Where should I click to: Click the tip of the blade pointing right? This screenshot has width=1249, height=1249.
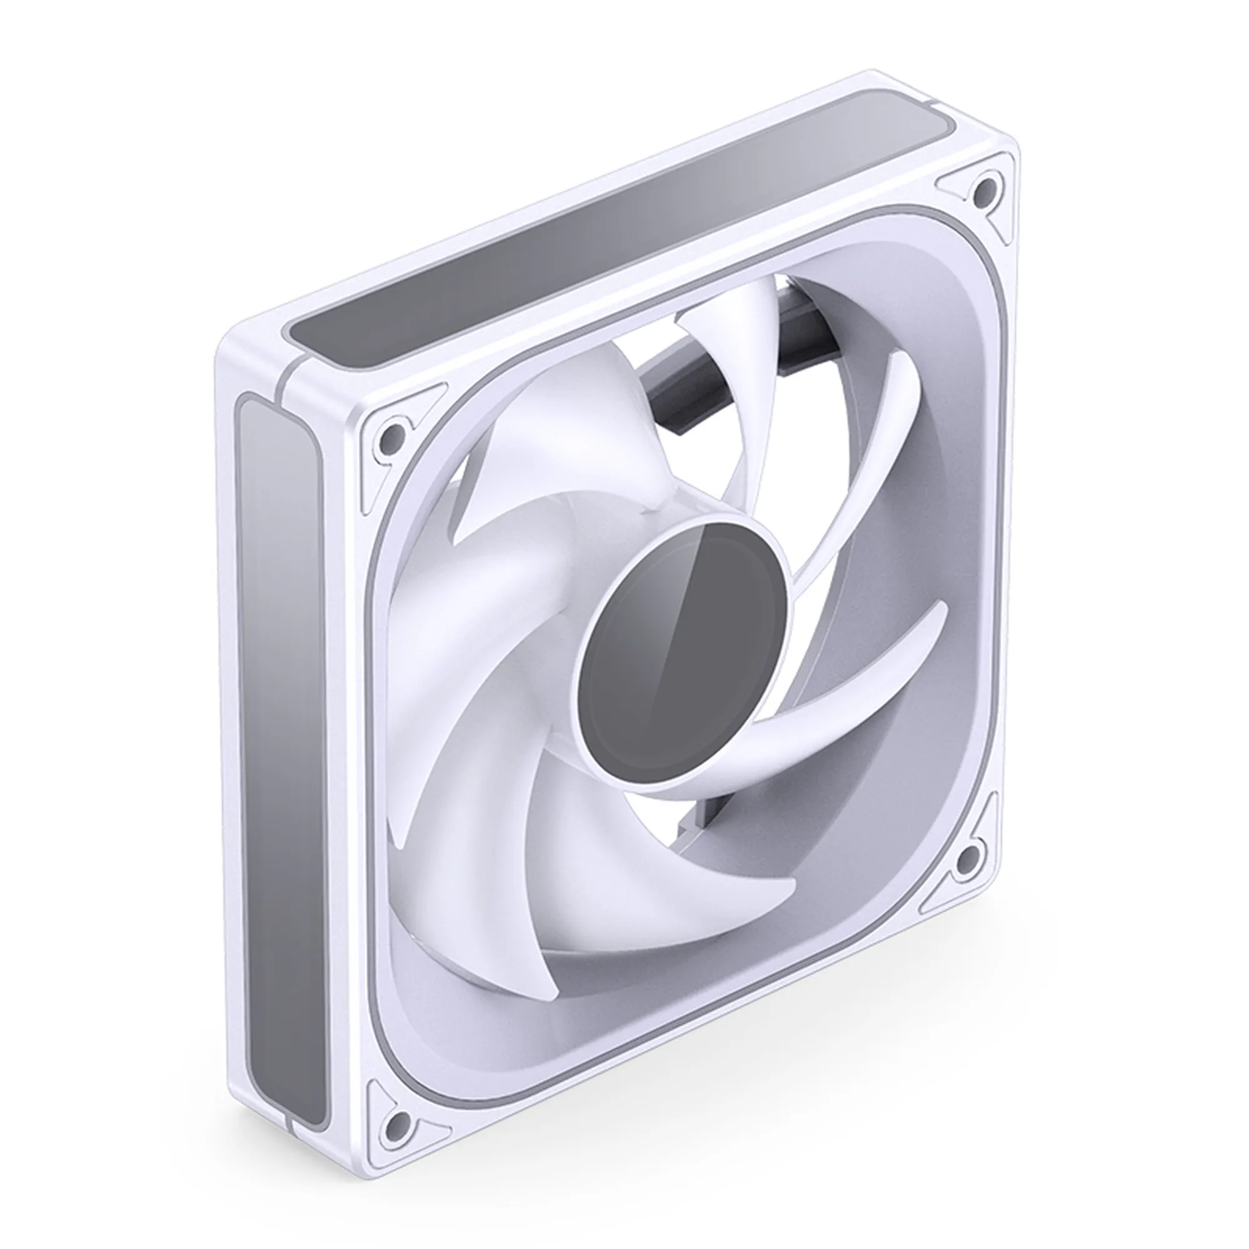[x=940, y=611]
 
